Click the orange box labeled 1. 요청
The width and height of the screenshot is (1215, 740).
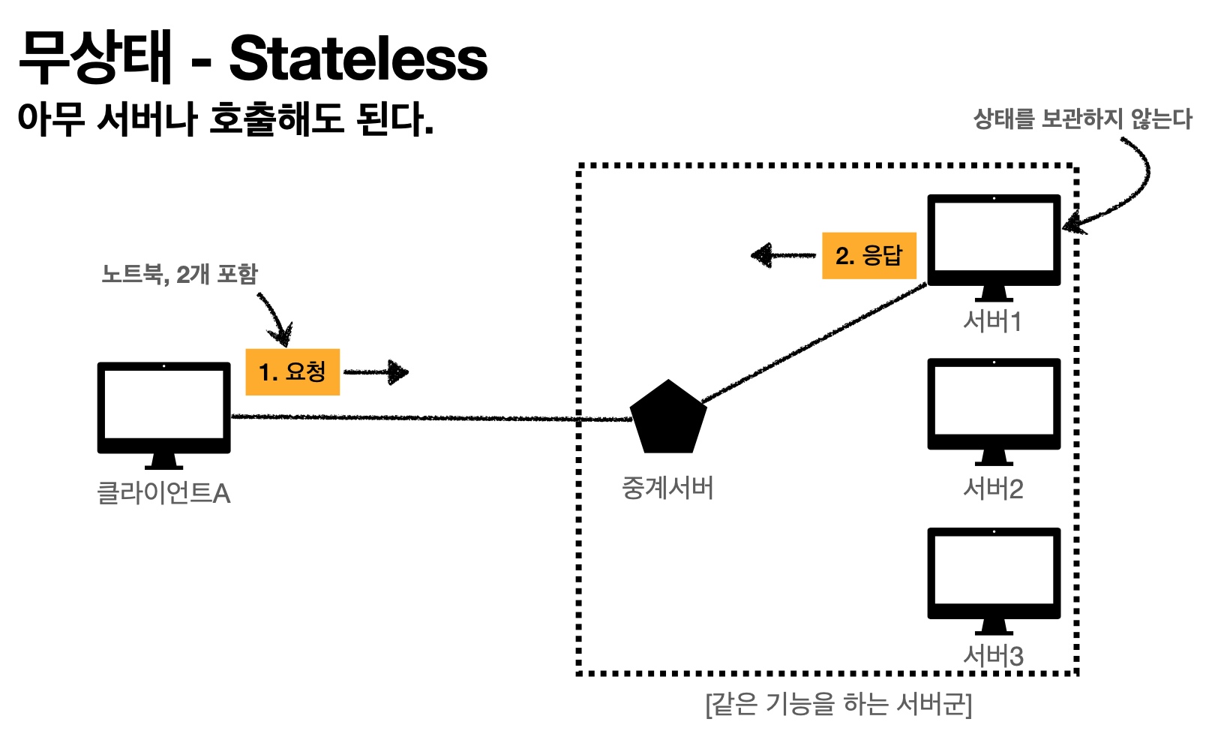pyautogui.click(x=292, y=372)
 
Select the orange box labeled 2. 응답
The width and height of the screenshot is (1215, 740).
pyautogui.click(x=869, y=256)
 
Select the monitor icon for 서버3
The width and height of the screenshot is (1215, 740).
pyautogui.click(x=994, y=577)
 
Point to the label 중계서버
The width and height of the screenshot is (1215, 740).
pyautogui.click(x=667, y=489)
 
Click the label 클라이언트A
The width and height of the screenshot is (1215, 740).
pyautogui.click(x=163, y=493)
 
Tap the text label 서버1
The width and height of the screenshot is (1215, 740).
pyautogui.click(x=993, y=322)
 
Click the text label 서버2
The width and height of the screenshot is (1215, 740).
pyautogui.click(x=993, y=489)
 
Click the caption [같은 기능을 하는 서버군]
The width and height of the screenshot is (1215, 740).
pyautogui.click(x=838, y=705)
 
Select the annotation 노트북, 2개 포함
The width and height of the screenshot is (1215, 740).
pyautogui.click(x=179, y=274)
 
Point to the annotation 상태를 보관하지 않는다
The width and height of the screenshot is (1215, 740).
pyautogui.click(x=1082, y=119)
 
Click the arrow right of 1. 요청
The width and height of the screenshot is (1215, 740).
pyautogui.click(x=376, y=372)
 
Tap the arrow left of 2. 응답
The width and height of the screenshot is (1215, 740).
pyautogui.click(x=782, y=255)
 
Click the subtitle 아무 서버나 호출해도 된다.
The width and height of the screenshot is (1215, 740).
pyautogui.click(x=225, y=119)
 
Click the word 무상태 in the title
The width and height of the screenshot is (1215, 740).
pyautogui.click(x=96, y=59)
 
